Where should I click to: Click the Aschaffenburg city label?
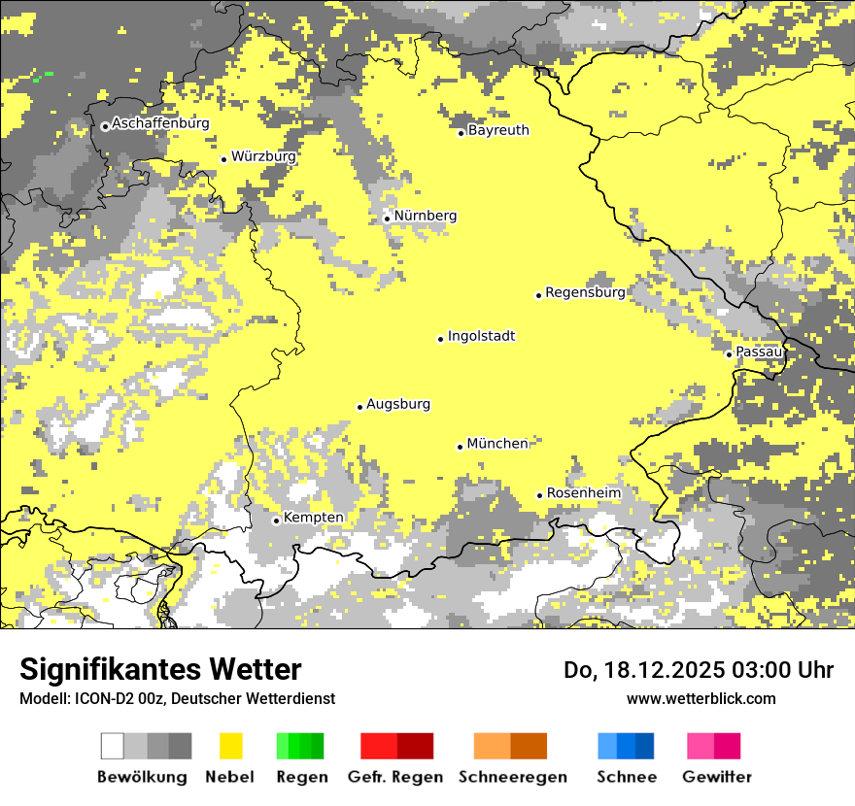(160, 123)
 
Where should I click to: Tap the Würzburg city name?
(263, 156)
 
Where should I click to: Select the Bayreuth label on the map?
(498, 130)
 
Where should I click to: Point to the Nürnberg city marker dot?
(387, 218)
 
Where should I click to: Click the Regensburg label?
(585, 292)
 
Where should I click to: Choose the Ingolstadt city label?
(481, 336)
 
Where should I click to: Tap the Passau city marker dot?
(729, 354)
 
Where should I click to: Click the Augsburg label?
(398, 404)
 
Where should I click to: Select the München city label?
(497, 444)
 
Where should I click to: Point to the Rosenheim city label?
(583, 493)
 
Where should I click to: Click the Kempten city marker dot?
(276, 521)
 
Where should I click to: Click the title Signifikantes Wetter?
(160, 669)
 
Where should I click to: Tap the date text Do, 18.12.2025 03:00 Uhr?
(698, 670)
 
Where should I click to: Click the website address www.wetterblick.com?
(701, 698)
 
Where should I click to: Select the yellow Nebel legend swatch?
(230, 746)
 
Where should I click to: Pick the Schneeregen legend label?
(512, 777)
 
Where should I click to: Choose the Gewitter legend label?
(716, 777)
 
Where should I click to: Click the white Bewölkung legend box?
(113, 746)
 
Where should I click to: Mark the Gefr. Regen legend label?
(394, 777)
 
